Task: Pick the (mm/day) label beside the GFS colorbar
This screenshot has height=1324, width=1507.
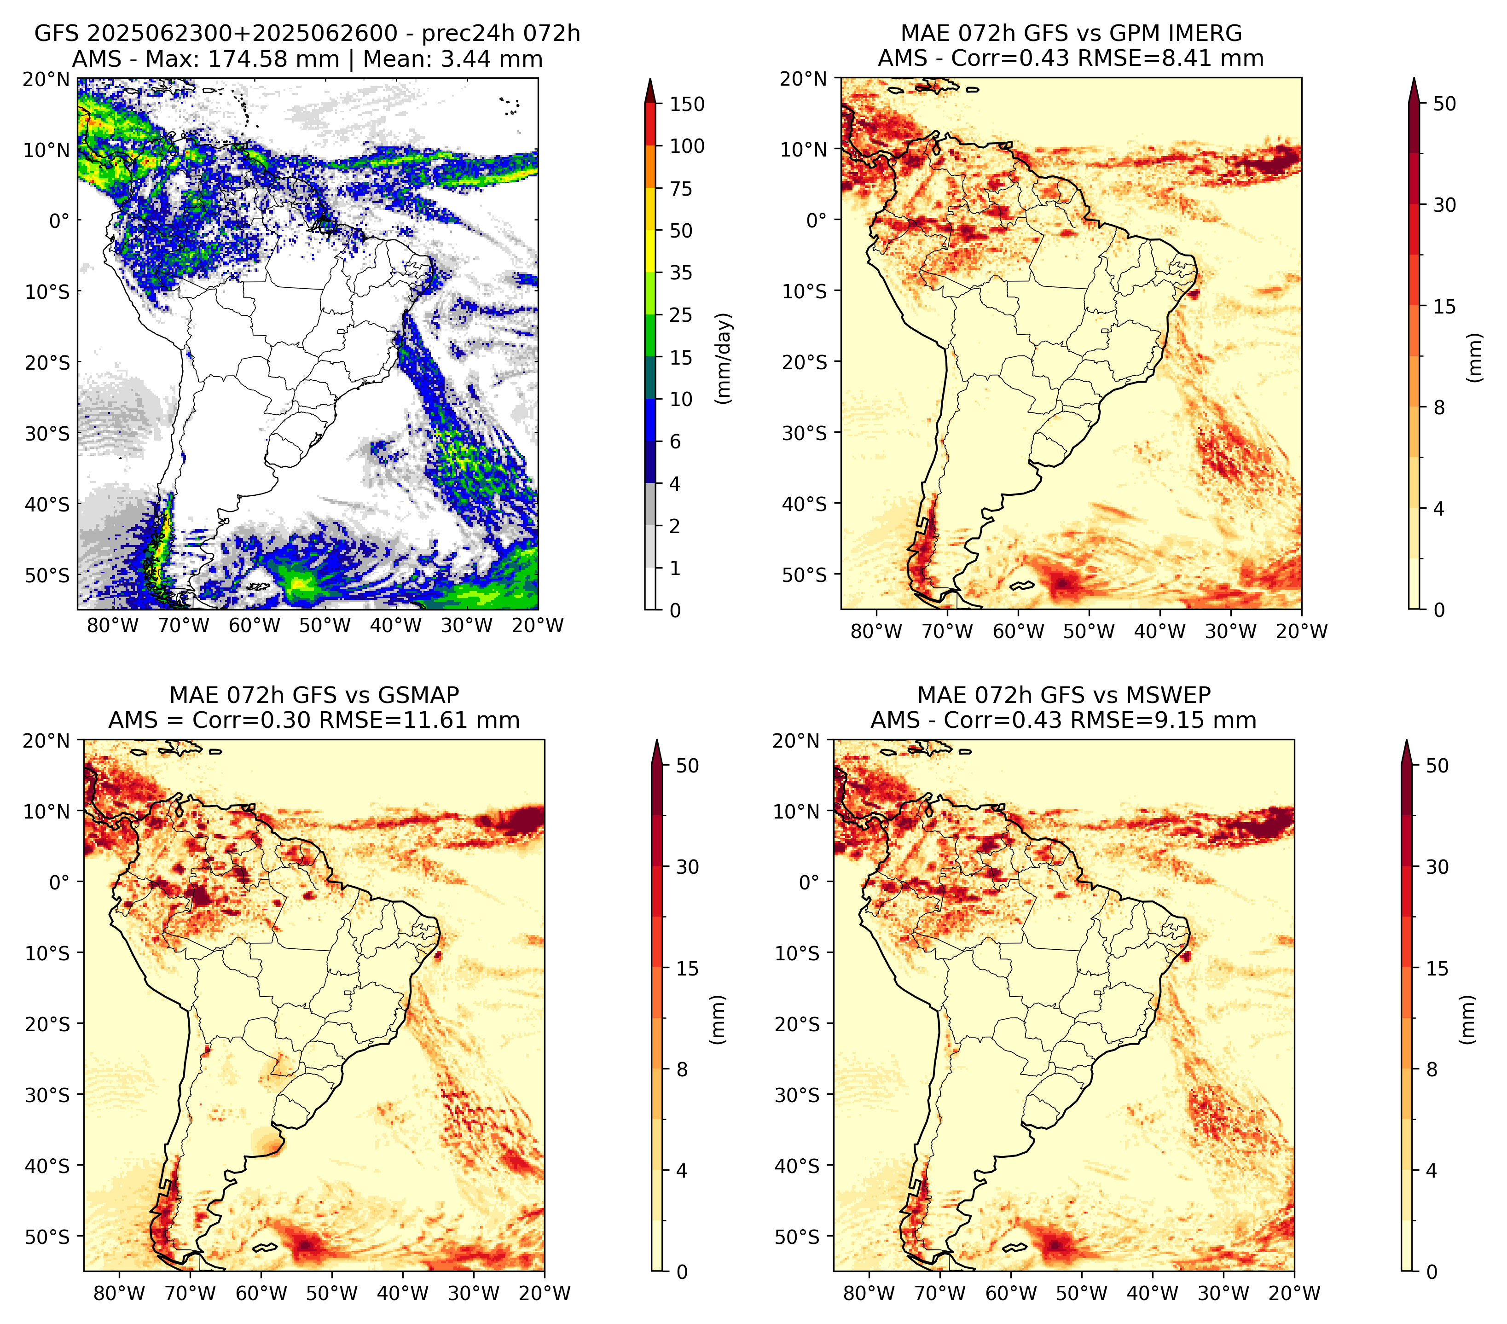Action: tap(725, 358)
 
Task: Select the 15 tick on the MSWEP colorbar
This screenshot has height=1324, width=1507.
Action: tap(1437, 969)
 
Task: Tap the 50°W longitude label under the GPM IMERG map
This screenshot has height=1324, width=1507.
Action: tap(1089, 631)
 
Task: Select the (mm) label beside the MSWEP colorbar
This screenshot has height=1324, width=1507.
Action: tap(1468, 1020)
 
